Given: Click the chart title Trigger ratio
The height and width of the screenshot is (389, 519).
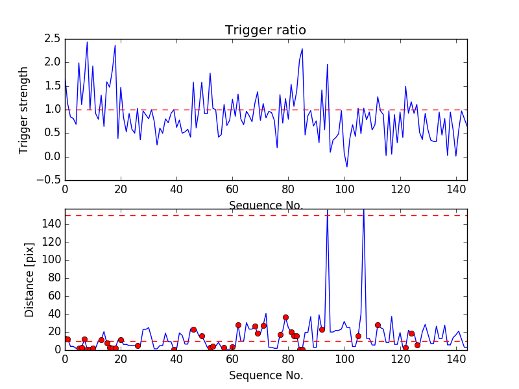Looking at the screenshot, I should [x=265, y=30].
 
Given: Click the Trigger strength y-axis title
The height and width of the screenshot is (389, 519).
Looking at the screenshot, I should [x=24, y=110].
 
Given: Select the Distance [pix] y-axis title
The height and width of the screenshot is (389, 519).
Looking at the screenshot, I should [x=29, y=279].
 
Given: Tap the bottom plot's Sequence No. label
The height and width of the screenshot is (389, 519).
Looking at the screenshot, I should [x=266, y=375].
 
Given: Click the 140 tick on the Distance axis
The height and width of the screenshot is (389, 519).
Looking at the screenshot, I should [x=49, y=224].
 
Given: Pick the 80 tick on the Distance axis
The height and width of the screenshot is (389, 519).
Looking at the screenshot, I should [x=52, y=278].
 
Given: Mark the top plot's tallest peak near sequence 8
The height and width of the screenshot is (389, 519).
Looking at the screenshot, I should [x=87, y=42].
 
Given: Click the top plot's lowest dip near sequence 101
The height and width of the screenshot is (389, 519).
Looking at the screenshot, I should [x=347, y=167].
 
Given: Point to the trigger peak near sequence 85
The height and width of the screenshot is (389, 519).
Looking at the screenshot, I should [x=302, y=49].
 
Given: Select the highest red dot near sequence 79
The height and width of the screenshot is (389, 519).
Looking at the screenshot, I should [x=285, y=317].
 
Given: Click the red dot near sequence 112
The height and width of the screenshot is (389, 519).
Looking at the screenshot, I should [x=378, y=325].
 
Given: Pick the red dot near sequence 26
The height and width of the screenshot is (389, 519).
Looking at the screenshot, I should [x=138, y=346].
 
